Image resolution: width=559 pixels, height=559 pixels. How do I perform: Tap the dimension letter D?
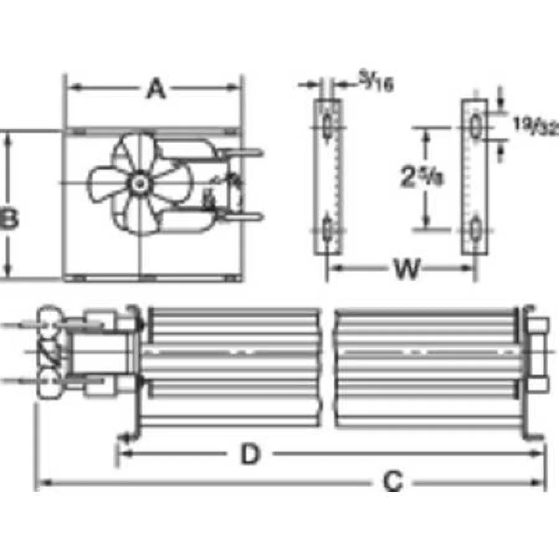pyautogui.click(x=249, y=455)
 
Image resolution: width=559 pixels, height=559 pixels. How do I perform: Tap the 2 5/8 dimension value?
pyautogui.click(x=414, y=179)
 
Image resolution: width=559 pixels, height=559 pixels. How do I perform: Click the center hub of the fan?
pyautogui.click(x=138, y=183)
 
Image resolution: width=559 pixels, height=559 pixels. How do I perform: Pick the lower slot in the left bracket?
pyautogui.click(x=327, y=230)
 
